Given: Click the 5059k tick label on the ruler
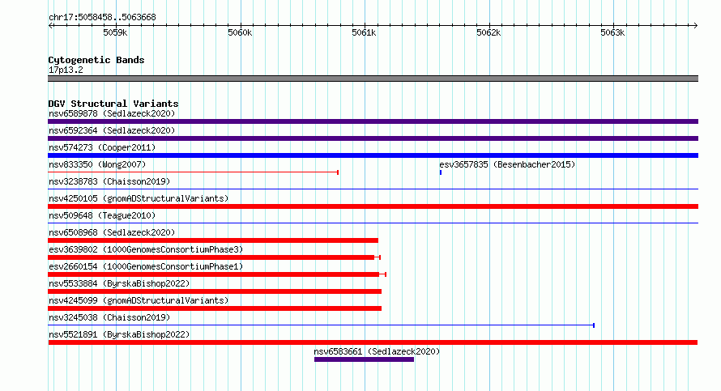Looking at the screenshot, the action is [115, 32].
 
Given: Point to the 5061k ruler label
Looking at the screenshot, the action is [364, 32].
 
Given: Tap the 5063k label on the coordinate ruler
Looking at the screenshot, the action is [612, 32].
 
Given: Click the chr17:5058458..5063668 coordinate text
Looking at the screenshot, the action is [102, 18].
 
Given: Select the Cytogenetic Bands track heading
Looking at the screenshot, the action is [96, 60].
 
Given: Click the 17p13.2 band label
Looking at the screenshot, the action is [66, 70].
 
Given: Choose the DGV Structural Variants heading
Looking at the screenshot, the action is [113, 104].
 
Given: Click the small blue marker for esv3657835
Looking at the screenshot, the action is [441, 172].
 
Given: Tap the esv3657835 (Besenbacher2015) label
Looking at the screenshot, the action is [507, 164].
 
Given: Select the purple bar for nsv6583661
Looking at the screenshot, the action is [365, 359].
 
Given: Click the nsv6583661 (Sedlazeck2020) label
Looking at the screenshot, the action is [377, 351].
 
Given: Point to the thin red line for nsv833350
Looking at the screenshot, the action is [193, 172].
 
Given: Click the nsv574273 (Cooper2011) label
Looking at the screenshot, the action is [102, 147].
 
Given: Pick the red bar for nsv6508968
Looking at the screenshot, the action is [213, 240].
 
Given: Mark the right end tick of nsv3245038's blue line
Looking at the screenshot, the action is [594, 325].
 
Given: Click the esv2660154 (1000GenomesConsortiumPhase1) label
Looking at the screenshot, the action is [146, 266].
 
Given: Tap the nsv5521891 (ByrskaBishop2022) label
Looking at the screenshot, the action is [119, 334].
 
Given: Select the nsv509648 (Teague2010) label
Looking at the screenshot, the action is [102, 215].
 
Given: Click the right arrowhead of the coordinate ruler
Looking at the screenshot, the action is [696, 25].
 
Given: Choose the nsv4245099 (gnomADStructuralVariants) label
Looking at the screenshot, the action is [139, 300].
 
